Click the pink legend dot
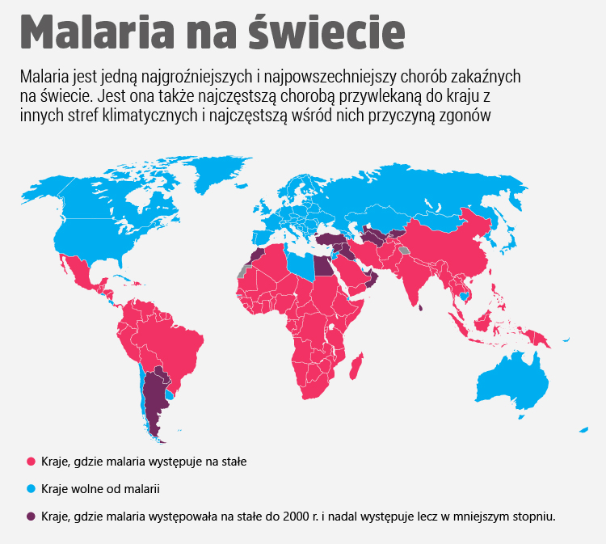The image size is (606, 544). click(x=31, y=462)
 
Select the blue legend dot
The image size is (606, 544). click(x=31, y=489)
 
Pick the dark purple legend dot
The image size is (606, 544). click(x=31, y=516)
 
